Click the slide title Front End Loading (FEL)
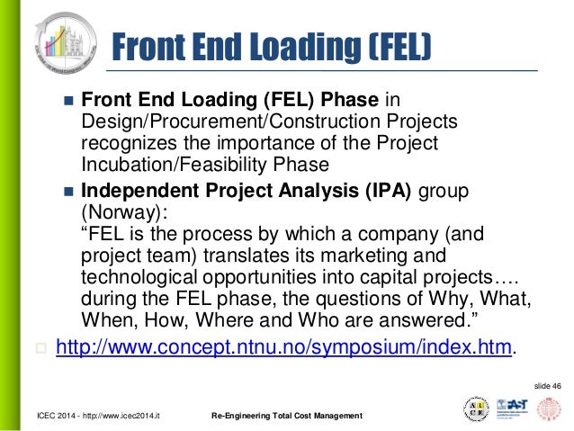pos(270,46)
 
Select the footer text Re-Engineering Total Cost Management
pos(286,416)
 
